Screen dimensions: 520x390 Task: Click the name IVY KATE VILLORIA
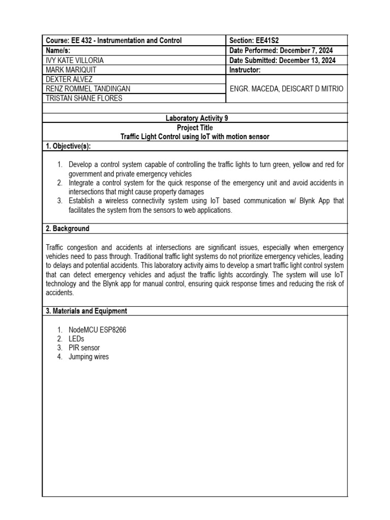click(75, 60)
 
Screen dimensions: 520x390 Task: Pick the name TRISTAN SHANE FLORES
click(84, 98)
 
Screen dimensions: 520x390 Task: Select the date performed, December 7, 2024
click(299, 50)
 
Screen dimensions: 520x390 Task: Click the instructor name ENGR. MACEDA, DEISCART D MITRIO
click(286, 88)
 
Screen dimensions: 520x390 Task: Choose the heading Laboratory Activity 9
click(197, 118)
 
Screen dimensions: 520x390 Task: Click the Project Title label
click(195, 127)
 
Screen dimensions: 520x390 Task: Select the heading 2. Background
click(68, 229)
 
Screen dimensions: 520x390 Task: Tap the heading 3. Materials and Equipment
click(86, 311)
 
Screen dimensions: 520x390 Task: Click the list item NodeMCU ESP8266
click(97, 330)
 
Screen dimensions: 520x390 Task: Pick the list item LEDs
click(76, 339)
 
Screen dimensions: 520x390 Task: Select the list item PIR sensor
click(84, 348)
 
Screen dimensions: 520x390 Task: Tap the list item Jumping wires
click(88, 357)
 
